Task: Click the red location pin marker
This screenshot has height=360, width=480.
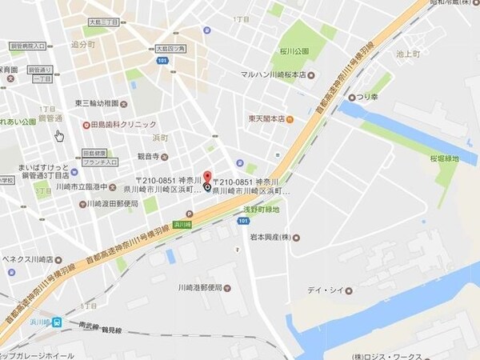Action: [x=208, y=178]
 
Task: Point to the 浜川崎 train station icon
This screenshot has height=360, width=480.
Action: [x=58, y=322]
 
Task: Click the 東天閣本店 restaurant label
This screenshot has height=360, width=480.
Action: [x=266, y=119]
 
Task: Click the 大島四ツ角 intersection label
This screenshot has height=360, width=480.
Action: [x=170, y=49]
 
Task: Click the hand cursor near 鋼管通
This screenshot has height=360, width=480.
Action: [x=59, y=135]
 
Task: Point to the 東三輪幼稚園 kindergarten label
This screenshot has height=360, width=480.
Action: [x=97, y=103]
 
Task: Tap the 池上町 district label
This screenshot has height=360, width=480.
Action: [x=407, y=54]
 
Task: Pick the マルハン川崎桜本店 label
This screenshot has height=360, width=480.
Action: [x=274, y=75]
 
